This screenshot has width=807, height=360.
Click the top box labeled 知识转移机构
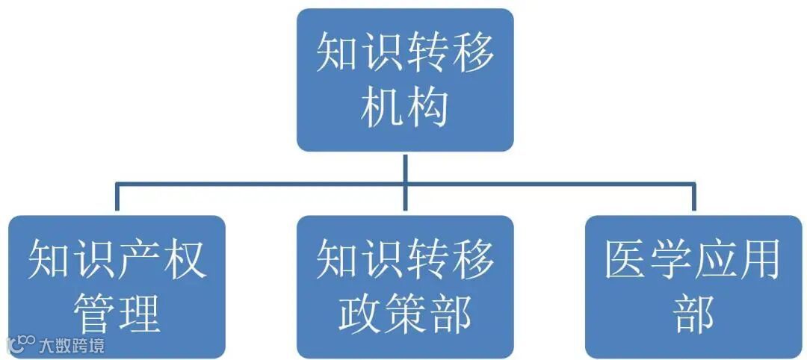(404, 79)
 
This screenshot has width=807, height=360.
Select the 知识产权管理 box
(117, 286)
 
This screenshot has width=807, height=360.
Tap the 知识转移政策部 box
(404, 286)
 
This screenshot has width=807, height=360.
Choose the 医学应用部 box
(693, 286)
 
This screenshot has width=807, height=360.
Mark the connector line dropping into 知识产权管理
(117, 199)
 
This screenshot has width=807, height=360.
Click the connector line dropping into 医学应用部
(693, 199)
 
